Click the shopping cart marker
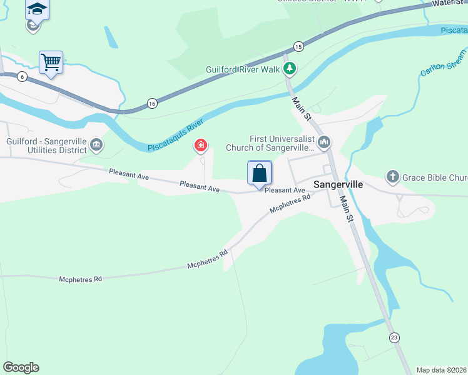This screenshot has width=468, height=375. tap(51, 62)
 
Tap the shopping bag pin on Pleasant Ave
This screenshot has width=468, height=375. tap(260, 173)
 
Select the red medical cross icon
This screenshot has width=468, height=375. tap(201, 146)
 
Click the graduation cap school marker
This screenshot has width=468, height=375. tap(38, 9)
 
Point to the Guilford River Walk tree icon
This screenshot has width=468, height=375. tap(289, 68)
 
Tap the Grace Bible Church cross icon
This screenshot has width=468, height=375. tap(392, 177)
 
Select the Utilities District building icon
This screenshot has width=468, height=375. tap(96, 146)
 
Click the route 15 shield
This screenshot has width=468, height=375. tap(298, 46)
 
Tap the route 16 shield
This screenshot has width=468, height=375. tap(152, 102)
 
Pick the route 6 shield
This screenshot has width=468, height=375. tap(23, 76)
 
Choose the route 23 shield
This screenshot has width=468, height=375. tap(394, 337)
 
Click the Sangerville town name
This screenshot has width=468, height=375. tap(338, 185)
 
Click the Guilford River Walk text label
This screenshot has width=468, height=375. tap(243, 69)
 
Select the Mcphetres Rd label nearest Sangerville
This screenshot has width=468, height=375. tap(290, 204)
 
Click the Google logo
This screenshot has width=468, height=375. tap(21, 367)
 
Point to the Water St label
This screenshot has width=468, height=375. tap(450, 4)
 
